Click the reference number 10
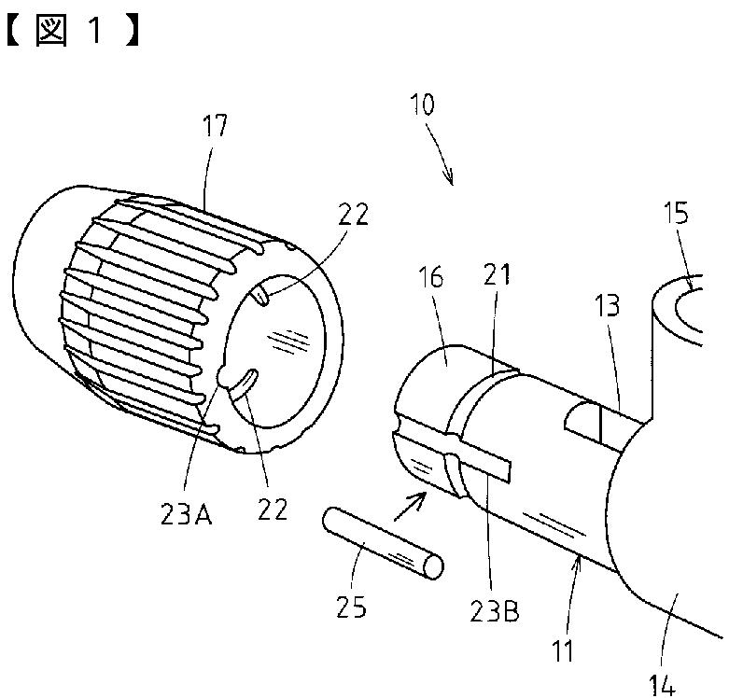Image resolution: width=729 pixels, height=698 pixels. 422,105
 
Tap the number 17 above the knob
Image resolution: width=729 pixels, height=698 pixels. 214,127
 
